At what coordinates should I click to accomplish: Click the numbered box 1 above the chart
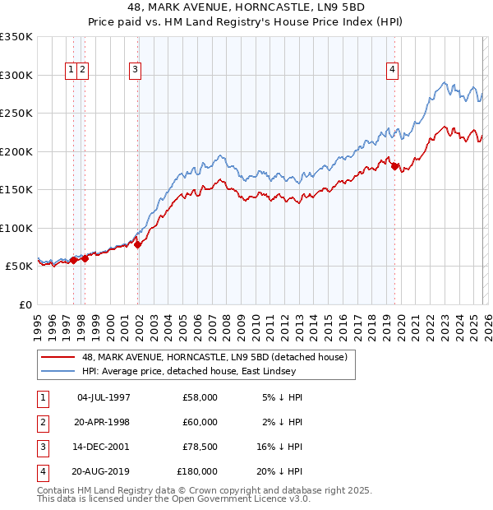[72, 71]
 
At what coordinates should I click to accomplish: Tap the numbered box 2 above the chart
[84, 71]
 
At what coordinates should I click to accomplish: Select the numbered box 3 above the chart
[135, 71]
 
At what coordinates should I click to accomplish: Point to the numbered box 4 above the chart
[393, 71]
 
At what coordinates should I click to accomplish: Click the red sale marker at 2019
[395, 167]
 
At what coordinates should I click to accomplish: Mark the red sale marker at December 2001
[137, 244]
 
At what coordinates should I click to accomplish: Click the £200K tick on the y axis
[16, 151]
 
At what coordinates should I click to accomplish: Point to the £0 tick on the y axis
[25, 305]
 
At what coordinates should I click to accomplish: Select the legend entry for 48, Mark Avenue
[214, 357]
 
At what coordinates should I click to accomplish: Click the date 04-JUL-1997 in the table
[103, 397]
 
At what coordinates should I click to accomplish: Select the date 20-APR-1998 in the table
[103, 422]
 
